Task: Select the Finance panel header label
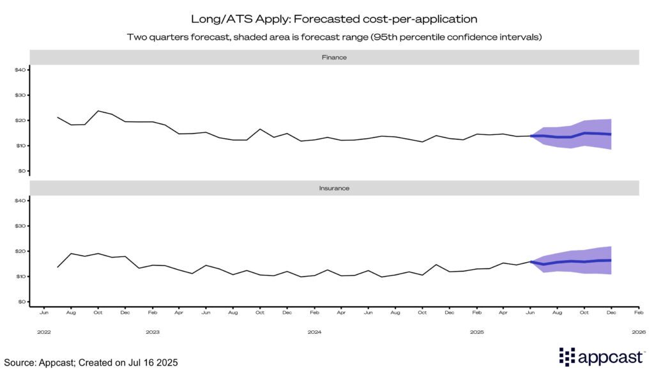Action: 334,57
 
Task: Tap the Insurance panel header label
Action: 334,189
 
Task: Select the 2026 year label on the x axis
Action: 639,332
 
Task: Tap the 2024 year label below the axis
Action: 314,332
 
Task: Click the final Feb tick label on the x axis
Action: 638,313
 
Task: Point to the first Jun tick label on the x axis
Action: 44,313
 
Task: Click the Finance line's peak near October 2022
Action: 98,111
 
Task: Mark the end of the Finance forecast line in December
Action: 611,134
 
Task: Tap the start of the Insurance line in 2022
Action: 58,267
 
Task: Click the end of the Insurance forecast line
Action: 611,260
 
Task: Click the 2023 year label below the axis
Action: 153,332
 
